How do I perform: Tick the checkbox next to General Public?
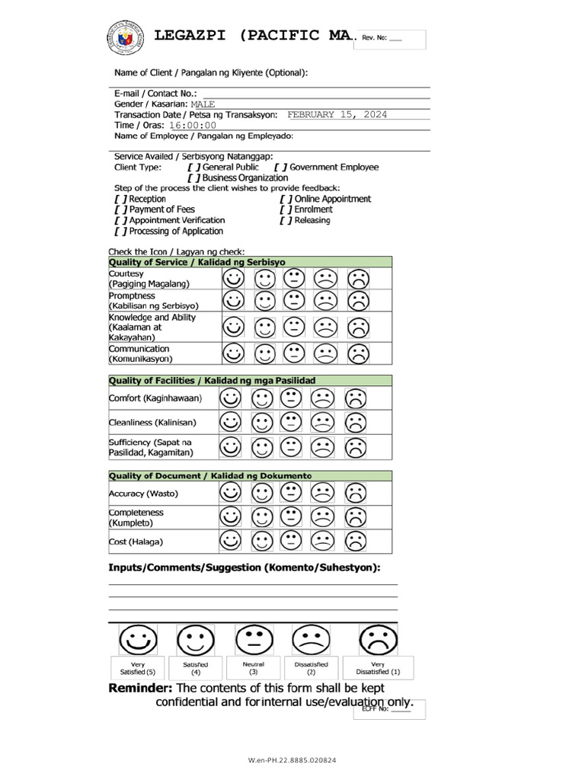pos(193,167)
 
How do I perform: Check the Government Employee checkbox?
pos(280,167)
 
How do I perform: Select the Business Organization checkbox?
pos(193,177)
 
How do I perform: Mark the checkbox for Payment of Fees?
pos(120,209)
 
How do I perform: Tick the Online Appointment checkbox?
pos(286,199)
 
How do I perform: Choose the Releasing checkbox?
pos(286,221)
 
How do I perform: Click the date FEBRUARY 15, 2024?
pos(337,114)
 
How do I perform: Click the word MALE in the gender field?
pos(203,104)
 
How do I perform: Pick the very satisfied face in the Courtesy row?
pos(234,278)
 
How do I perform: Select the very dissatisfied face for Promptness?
pos(358,300)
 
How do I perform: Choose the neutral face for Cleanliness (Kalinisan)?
pos(291,422)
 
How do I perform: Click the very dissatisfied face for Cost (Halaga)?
pos(354,541)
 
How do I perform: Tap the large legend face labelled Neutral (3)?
pos(254,641)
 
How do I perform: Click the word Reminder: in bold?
pos(140,689)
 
